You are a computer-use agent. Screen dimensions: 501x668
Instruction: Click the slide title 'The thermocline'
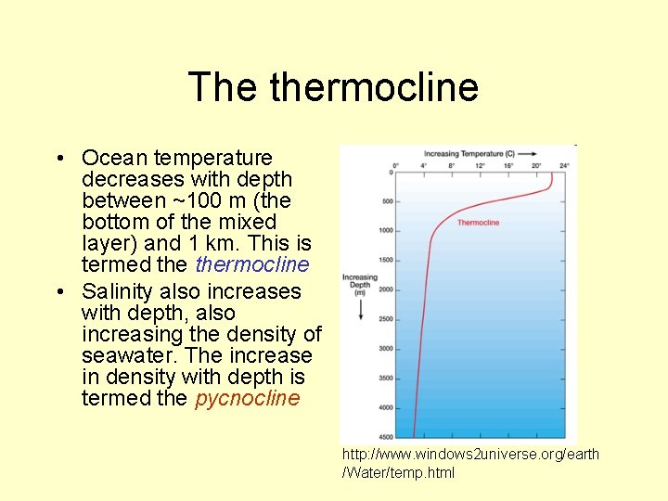point(333,87)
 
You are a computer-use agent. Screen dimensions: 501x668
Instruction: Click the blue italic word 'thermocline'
point(252,265)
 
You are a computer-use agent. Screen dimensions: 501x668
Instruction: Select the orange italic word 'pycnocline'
point(248,399)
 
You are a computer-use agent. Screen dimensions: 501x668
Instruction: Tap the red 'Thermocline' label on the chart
point(478,223)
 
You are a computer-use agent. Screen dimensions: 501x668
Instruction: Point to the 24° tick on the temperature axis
point(566,165)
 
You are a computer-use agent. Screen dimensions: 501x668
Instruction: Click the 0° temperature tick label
point(396,165)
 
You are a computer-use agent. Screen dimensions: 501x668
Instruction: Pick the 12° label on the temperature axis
point(481,165)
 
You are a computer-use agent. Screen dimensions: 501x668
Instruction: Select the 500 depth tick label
point(388,201)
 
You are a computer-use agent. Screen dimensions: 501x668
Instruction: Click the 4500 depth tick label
point(386,437)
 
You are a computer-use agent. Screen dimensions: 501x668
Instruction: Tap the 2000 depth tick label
point(386,289)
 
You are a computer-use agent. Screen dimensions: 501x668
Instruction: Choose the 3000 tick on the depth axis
point(386,349)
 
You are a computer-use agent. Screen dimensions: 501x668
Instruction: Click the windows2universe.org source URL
point(470,463)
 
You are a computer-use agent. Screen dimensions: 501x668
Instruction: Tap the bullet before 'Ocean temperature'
point(60,159)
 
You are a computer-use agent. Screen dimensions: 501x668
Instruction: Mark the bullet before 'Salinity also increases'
point(60,292)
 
